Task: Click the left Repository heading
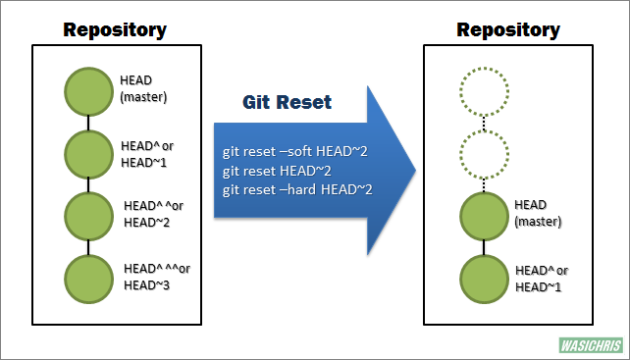[x=115, y=30]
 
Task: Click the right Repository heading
[x=508, y=30]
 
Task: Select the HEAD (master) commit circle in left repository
[x=89, y=90]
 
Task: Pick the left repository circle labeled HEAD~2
[x=89, y=213]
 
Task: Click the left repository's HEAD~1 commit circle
[x=89, y=152]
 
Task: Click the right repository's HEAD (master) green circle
[x=484, y=215]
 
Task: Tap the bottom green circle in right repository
[x=484, y=277]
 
